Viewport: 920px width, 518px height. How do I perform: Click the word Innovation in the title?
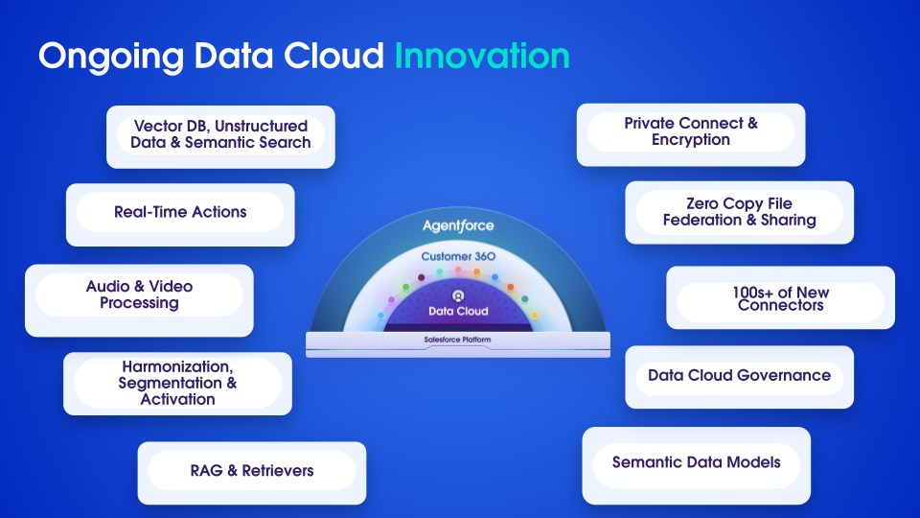tap(482, 56)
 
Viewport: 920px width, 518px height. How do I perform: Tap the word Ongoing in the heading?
tap(111, 58)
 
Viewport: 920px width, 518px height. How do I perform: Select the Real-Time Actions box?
tap(180, 215)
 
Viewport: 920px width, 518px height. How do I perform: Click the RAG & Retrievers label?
tap(252, 470)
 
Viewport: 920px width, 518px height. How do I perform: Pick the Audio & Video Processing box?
tap(139, 300)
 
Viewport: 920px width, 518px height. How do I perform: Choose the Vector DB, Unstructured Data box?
tap(220, 137)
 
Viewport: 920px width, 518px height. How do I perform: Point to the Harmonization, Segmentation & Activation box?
tap(177, 384)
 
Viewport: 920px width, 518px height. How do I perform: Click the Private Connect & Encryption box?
tap(691, 134)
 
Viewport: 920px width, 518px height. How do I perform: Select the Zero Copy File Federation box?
tap(739, 212)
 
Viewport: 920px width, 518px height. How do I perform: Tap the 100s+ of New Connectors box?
tap(780, 297)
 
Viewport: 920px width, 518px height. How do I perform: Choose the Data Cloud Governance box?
tap(739, 377)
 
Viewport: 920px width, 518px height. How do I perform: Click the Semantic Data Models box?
tap(697, 466)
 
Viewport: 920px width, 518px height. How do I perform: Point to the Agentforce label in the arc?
tap(458, 225)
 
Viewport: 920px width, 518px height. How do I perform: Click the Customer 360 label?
tap(458, 256)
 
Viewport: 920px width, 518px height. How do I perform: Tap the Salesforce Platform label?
tap(458, 340)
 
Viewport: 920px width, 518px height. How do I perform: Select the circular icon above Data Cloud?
tap(458, 295)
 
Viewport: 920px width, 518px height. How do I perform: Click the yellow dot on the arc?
tap(535, 316)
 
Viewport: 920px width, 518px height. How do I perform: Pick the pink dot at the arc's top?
tap(458, 271)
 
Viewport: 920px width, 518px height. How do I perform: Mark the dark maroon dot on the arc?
tap(422, 277)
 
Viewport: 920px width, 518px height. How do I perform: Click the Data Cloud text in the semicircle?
tap(458, 311)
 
